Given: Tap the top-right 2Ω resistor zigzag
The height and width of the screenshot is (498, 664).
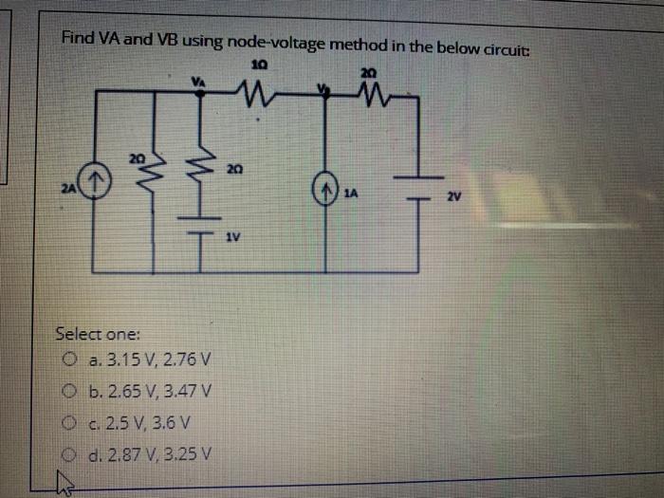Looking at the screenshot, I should coord(368,93).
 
